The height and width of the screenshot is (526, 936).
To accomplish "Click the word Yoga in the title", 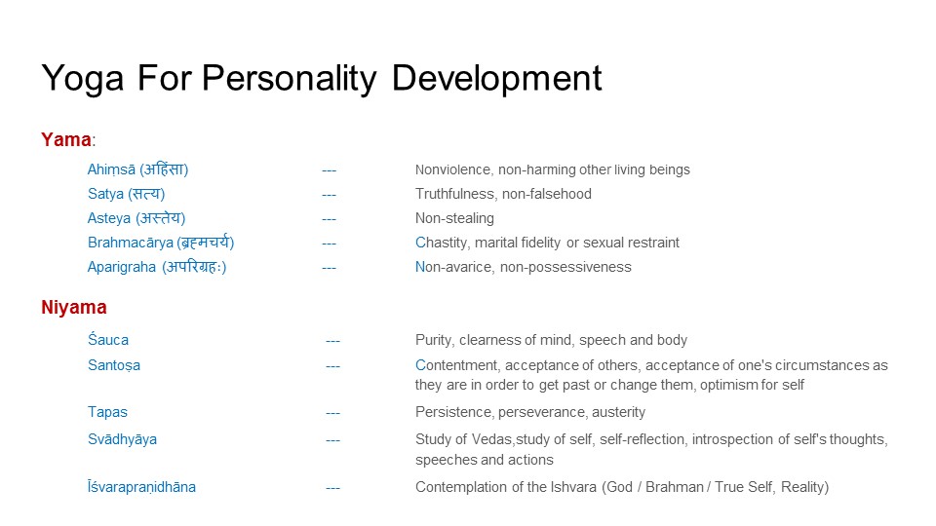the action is coord(82,79).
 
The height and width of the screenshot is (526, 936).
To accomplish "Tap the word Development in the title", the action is coord(496,78).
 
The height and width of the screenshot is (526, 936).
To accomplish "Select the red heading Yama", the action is coord(66,139).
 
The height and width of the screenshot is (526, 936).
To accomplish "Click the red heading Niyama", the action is coord(74,307).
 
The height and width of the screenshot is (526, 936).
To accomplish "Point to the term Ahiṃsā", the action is coord(111,169).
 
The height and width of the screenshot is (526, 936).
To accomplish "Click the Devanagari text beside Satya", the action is coord(146,194).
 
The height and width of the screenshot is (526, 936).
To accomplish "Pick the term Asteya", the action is coord(109,218).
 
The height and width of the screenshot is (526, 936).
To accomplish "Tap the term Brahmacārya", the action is coord(131,243).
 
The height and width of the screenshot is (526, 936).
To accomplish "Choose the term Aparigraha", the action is coord(122,267).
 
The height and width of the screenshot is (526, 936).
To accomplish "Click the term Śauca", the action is coord(108,339).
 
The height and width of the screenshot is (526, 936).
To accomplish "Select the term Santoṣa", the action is coord(114,365).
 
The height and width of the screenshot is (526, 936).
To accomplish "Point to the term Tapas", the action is coord(107,412).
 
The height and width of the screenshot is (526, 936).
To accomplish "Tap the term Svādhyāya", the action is coord(123,439).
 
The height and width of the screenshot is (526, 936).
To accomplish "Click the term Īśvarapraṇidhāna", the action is coord(141,487).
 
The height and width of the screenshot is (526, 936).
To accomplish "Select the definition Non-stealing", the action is coord(455,218).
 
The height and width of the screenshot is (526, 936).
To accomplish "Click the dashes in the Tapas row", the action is coord(333,413).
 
